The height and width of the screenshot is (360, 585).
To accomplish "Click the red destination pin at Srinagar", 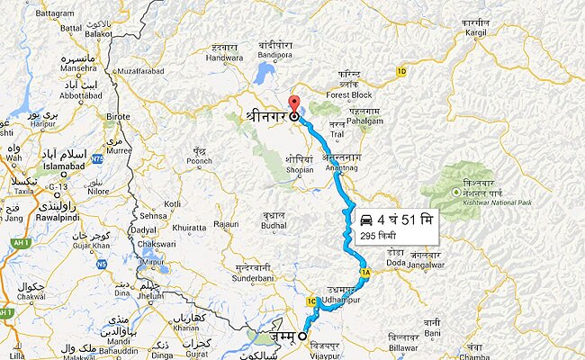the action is pyautogui.click(x=292, y=103).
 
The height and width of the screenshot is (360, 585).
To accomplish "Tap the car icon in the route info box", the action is pyautogui.click(x=366, y=219).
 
